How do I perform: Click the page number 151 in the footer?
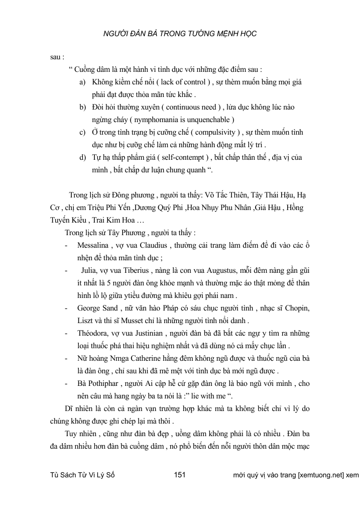coord(180,475)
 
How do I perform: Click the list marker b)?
coord(83,107)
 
